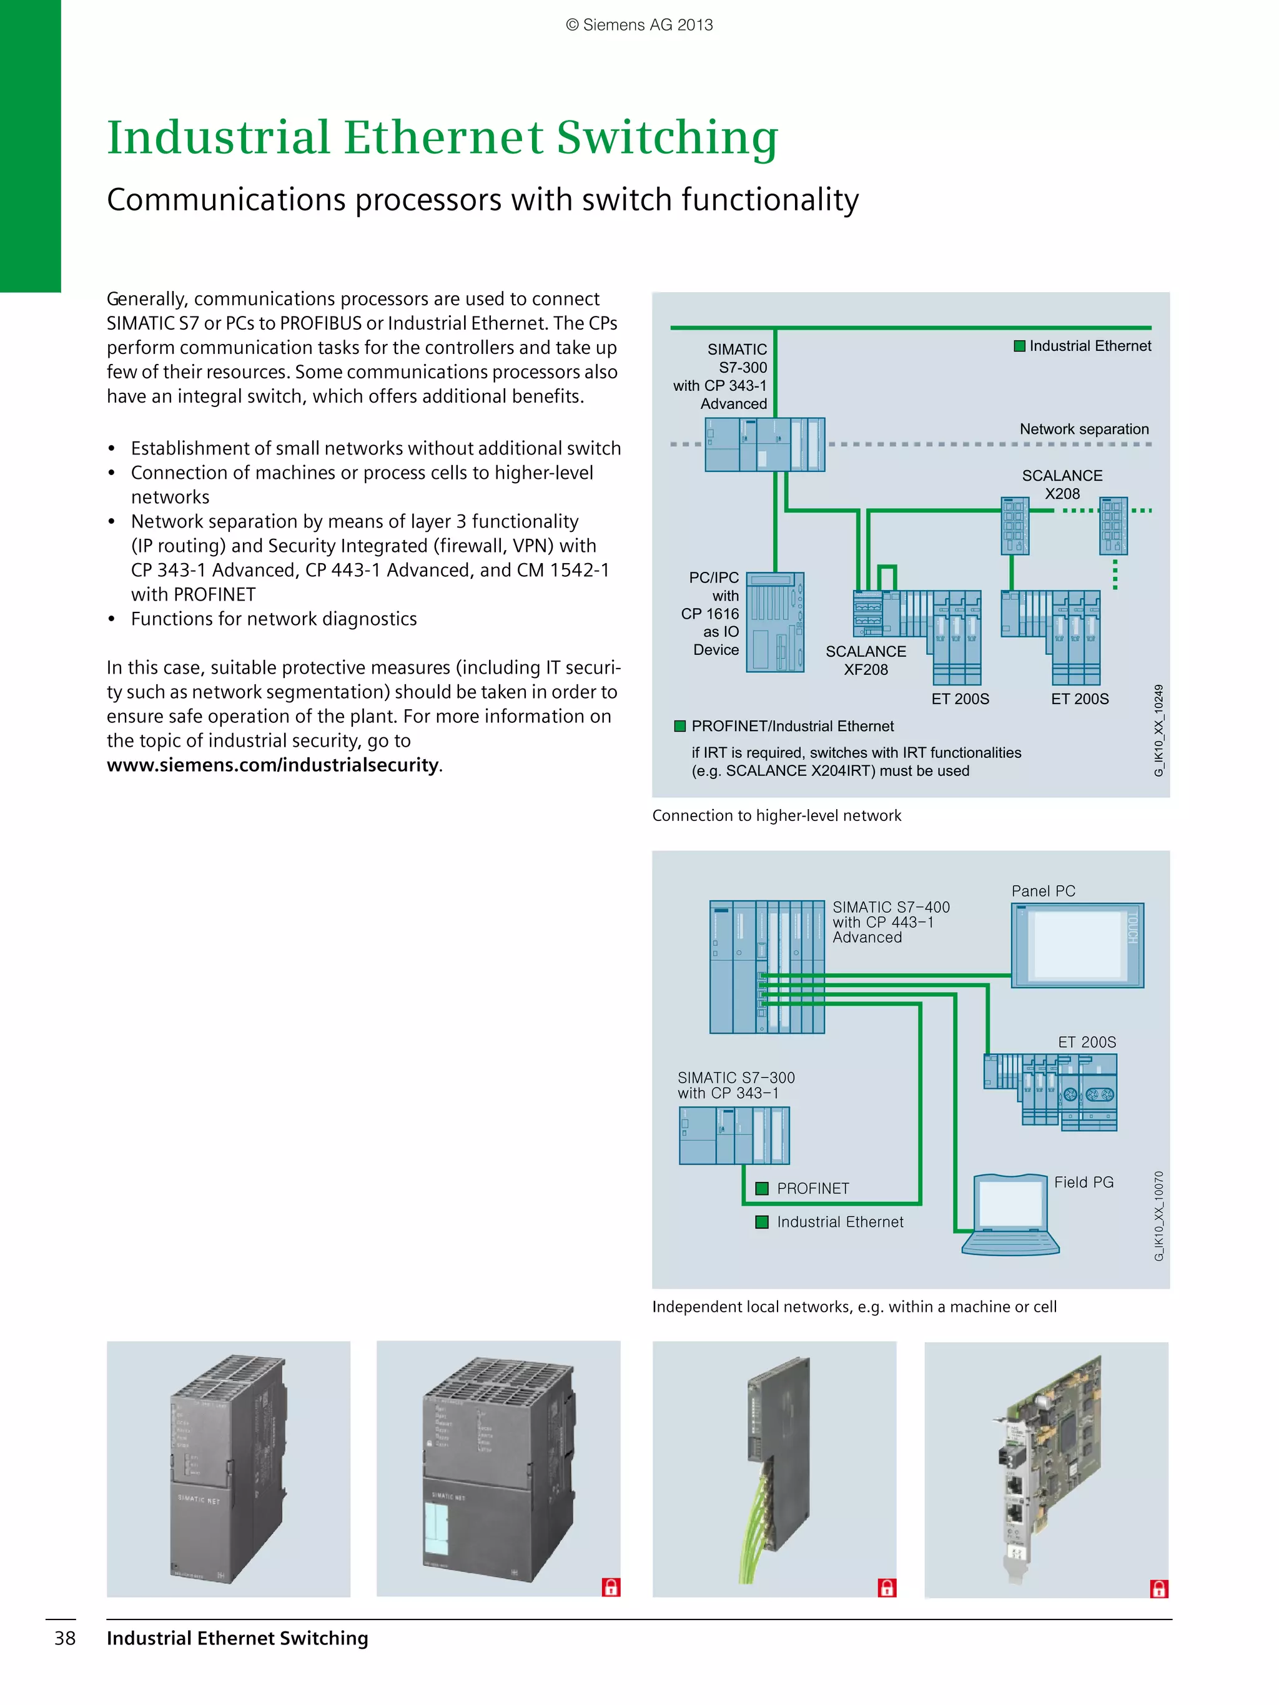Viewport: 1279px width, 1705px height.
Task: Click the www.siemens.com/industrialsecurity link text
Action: click(x=273, y=765)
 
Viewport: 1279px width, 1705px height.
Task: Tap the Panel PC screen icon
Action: click(x=1077, y=945)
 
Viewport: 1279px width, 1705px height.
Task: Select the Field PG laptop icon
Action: click(x=1010, y=1214)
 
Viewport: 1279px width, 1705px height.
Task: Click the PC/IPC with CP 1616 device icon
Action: click(x=775, y=622)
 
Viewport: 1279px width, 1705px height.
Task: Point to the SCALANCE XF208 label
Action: click(x=866, y=661)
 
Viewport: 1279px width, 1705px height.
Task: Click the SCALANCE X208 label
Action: click(x=1062, y=484)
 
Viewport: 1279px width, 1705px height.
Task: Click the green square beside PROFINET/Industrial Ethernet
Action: click(x=680, y=726)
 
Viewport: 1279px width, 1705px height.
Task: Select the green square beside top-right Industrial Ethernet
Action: click(x=1019, y=346)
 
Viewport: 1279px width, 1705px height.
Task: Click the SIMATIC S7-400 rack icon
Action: click(x=766, y=966)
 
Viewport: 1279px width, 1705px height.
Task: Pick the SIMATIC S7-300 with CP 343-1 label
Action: click(x=736, y=1085)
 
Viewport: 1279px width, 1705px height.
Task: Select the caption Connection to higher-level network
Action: click(x=776, y=815)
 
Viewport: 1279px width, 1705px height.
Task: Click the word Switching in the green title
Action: click(x=667, y=139)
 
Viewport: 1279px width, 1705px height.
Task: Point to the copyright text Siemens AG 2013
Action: click(x=639, y=25)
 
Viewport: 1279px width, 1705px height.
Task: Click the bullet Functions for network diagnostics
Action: click(x=274, y=619)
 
